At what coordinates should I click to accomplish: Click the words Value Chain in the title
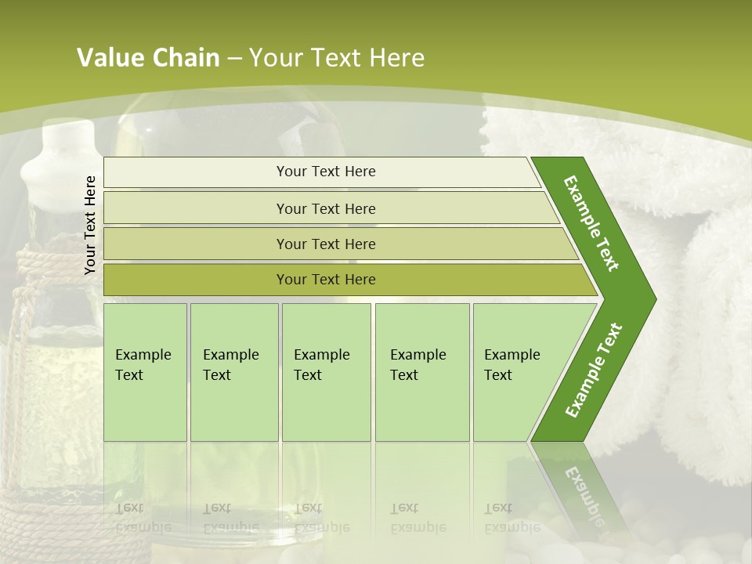coord(148,58)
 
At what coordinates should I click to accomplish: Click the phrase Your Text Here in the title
coord(337,58)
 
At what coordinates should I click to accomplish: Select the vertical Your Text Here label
coord(91,225)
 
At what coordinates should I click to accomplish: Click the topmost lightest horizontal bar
coord(325,172)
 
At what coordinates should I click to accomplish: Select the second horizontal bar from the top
coord(325,208)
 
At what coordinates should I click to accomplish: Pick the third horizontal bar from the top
coord(325,244)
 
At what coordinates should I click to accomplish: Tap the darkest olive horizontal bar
coord(325,280)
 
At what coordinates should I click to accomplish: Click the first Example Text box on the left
coord(145,372)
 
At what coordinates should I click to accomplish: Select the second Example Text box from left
coord(233,372)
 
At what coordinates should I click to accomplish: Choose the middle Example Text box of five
coord(326,372)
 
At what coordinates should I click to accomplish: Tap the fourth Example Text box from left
coord(421,372)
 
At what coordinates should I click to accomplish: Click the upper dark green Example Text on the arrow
coord(592,223)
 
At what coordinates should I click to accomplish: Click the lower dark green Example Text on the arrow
coord(594,370)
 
